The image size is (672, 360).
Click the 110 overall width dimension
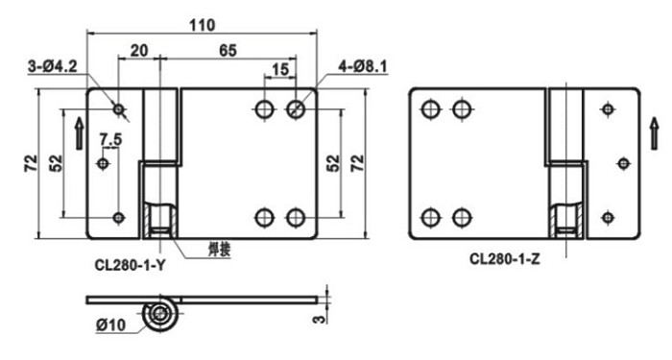[x=203, y=25]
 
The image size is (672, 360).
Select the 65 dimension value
[x=228, y=51]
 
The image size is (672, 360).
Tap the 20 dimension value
[x=139, y=51]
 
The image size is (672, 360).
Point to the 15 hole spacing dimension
[x=280, y=69]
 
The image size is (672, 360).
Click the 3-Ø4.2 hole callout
[x=53, y=67]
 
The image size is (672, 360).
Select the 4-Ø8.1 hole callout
[x=363, y=66]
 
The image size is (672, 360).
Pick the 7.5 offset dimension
[x=110, y=140]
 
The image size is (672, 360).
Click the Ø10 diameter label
[x=111, y=324]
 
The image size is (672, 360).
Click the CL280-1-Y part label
[x=130, y=265]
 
